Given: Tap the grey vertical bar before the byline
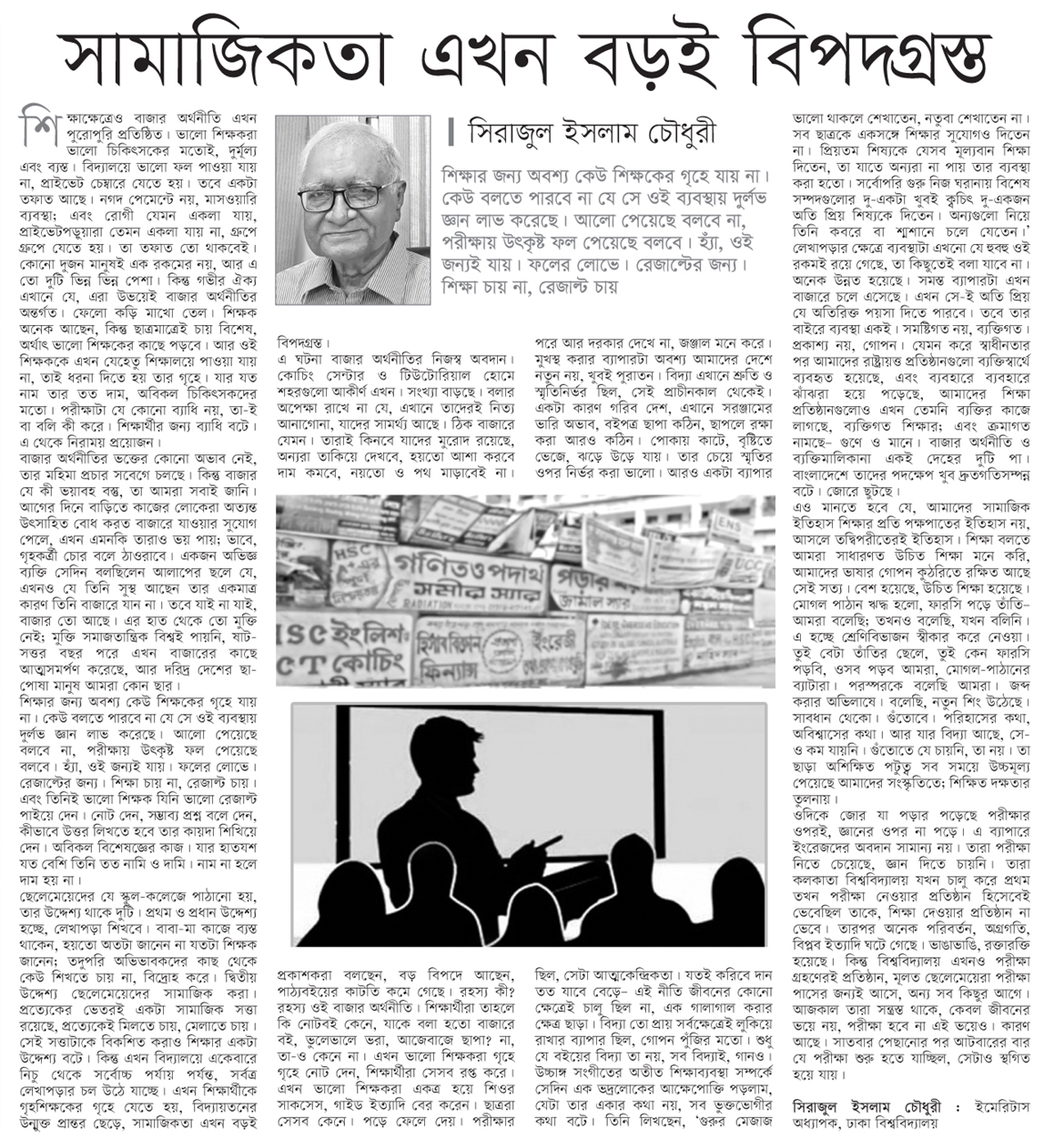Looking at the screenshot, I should point(451,134).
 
